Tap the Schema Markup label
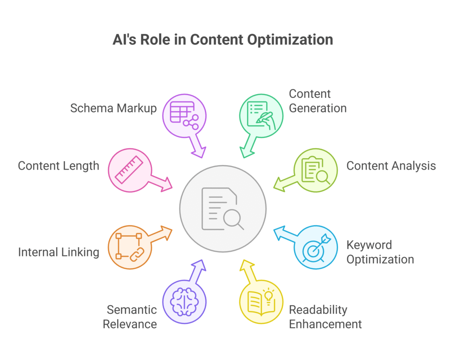(113, 108)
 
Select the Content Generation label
(318, 101)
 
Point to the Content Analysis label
(391, 166)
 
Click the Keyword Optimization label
(380, 252)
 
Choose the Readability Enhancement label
(325, 317)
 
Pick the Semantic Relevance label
(130, 317)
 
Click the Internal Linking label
(58, 252)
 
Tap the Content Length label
(58, 166)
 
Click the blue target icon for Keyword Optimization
(316, 247)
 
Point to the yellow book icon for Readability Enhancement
(261, 302)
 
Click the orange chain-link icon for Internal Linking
(129, 247)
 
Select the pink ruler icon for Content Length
(129, 170)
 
